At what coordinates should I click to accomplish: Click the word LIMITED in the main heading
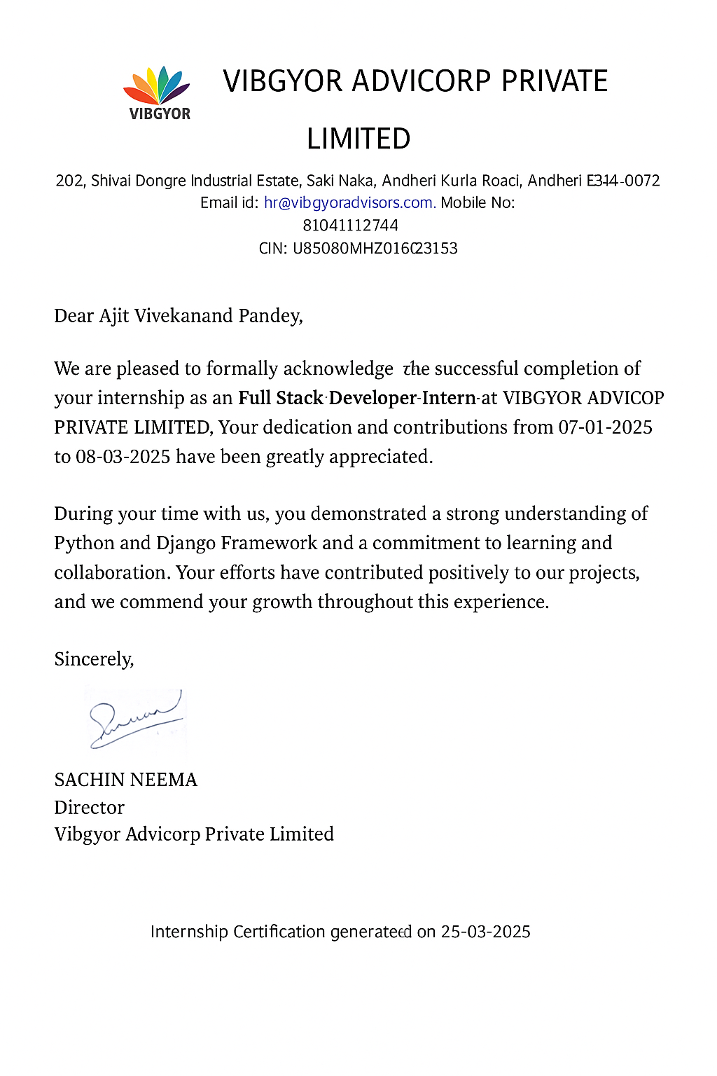(x=358, y=139)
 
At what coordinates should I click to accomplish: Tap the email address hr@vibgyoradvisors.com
(x=349, y=203)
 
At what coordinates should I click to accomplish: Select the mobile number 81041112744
(x=350, y=226)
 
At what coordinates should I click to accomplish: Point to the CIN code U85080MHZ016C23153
(x=375, y=249)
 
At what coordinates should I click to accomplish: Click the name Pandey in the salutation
(x=270, y=317)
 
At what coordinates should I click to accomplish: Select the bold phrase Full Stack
(x=281, y=398)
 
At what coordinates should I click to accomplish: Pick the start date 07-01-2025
(x=605, y=427)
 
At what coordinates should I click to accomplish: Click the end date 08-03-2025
(x=123, y=457)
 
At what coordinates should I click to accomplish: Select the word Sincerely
(x=94, y=659)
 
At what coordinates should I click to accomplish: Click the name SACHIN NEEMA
(x=126, y=780)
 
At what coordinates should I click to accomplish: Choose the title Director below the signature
(x=89, y=808)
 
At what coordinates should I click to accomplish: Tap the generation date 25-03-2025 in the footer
(x=485, y=932)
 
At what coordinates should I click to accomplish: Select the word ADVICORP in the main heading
(x=421, y=81)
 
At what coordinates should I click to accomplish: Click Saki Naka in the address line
(x=340, y=181)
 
